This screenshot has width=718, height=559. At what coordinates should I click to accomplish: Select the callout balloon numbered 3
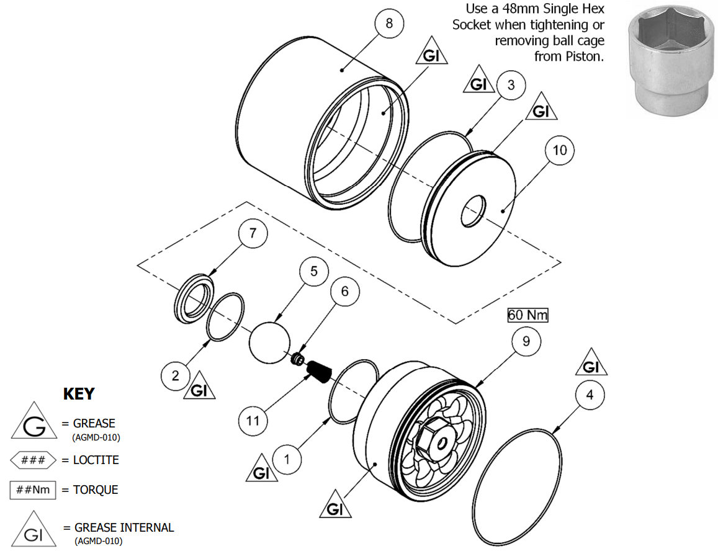point(511,85)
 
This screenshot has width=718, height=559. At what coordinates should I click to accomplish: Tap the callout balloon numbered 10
point(560,151)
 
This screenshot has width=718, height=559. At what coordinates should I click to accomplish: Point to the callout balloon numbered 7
point(253,235)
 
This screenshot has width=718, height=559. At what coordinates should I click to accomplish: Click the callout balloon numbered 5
point(314,272)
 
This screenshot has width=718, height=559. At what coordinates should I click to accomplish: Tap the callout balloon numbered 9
point(526,342)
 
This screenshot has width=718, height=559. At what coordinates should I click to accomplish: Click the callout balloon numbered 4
point(590,395)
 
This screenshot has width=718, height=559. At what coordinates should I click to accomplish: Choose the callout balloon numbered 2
point(176,375)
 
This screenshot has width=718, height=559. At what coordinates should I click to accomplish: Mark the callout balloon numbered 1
point(287,460)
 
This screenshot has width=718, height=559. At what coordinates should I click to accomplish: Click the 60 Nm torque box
point(528,315)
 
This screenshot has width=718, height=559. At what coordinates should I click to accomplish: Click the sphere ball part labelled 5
point(269,342)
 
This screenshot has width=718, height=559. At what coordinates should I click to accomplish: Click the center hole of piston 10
point(474,212)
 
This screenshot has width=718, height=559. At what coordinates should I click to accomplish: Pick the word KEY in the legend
point(79,394)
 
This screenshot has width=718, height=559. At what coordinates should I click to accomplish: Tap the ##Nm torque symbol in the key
point(33,490)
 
